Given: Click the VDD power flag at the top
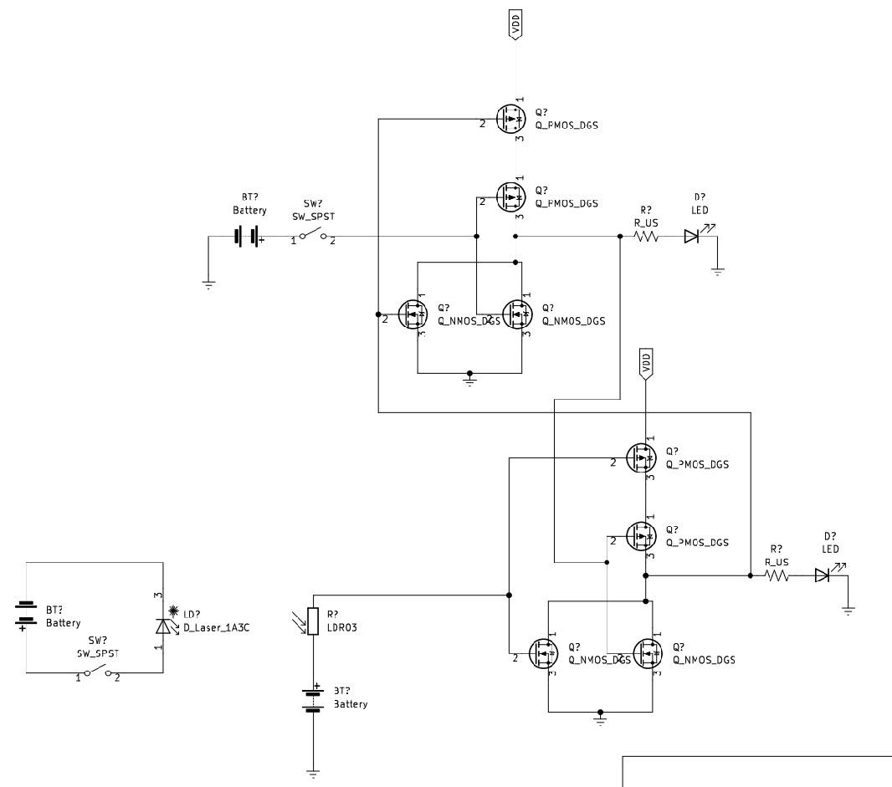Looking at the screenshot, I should [x=516, y=27].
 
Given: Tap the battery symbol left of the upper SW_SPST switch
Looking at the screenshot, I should [x=248, y=237].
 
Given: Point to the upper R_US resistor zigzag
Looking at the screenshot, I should [x=647, y=237].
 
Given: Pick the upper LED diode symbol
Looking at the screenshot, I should [x=692, y=237].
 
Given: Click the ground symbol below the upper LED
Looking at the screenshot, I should [x=717, y=270].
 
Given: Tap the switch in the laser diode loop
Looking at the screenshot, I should [x=97, y=672].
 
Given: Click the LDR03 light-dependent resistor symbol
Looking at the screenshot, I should [x=313, y=621].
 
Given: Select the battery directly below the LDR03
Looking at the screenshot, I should [x=313, y=699].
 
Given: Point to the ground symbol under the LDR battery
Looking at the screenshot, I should [x=313, y=774].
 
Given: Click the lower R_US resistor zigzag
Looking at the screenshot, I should [x=777, y=575].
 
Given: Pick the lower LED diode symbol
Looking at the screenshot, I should [x=823, y=575].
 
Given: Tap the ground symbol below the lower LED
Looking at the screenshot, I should [x=848, y=611].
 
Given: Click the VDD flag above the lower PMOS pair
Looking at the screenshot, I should [x=645, y=363].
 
